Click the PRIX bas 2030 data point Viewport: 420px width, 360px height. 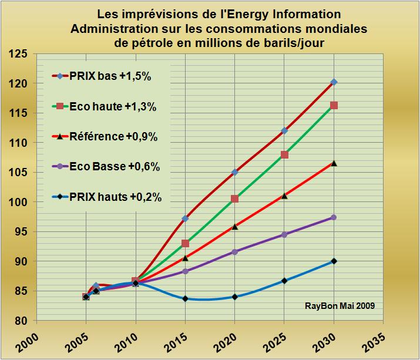(334, 82)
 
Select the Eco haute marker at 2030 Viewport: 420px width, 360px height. (334, 106)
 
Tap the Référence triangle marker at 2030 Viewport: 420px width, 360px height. (334, 163)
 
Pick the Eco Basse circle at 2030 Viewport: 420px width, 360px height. (334, 217)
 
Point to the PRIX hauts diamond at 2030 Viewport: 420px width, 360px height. (334, 261)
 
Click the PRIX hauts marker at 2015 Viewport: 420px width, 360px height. (185, 298)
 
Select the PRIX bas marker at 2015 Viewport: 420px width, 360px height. (185, 218)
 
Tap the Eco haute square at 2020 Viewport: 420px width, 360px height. (235, 198)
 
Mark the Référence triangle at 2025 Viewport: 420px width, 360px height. (284, 196)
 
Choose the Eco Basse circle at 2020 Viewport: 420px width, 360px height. (235, 252)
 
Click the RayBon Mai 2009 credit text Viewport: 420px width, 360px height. (339, 305)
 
